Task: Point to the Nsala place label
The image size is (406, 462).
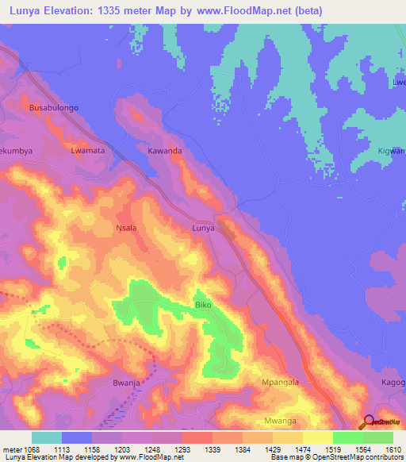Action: coord(126,228)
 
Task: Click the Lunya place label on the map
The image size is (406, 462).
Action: coord(204,228)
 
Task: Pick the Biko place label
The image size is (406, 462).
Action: coord(203,305)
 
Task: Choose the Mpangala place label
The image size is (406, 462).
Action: coord(281,382)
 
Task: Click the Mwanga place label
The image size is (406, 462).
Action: coord(281,421)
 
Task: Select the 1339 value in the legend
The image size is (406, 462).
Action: coord(213,449)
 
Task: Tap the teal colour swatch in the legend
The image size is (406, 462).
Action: coord(47,437)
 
